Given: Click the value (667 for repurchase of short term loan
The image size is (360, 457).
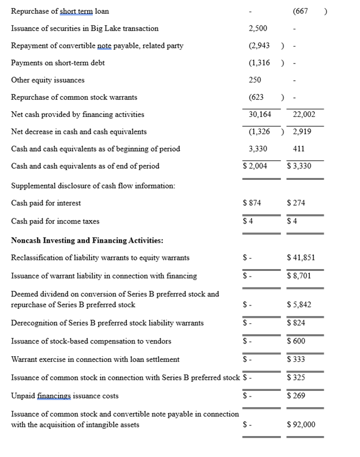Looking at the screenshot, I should point(301,11).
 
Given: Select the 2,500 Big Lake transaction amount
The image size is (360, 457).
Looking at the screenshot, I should point(258,28).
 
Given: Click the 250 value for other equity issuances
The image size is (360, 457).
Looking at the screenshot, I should point(254,80).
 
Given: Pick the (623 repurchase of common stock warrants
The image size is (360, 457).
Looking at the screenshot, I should point(256,97).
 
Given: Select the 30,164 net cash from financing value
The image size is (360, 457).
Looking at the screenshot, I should point(260,115).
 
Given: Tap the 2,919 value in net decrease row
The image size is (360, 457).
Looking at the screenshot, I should point(302,132).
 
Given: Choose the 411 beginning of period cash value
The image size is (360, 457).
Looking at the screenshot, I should point(299,149).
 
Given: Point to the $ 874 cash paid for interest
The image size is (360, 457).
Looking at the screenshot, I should point(252,203).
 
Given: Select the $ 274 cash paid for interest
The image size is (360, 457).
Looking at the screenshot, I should point(296,203).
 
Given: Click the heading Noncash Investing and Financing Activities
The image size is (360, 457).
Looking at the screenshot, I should point(87,240).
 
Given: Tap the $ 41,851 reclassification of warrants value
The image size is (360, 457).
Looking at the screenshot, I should point(301,258).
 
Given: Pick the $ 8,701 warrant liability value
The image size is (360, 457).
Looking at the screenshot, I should point(299,276).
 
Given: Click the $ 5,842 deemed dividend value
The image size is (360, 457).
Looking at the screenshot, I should point(299,305).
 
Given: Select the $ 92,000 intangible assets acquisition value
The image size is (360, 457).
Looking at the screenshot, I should point(301,425).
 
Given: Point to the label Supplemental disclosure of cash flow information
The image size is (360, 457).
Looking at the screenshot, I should point(93,186).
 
